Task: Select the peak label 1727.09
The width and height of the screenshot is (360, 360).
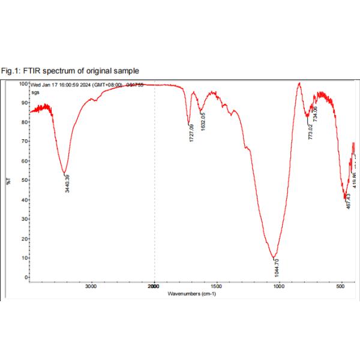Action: pyautogui.click(x=191, y=133)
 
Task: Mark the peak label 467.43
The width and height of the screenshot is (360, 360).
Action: pyautogui.click(x=348, y=199)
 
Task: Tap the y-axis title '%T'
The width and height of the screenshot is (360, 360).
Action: pyautogui.click(x=9, y=180)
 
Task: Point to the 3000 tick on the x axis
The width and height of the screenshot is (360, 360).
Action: pyautogui.click(x=91, y=287)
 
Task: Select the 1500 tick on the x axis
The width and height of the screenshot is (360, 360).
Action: pyautogui.click(x=216, y=287)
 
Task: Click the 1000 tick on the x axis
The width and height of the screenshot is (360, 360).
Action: pyautogui.click(x=278, y=287)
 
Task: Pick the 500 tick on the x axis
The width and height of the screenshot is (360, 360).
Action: pyautogui.click(x=341, y=287)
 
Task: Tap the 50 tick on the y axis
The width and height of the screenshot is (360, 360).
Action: pyautogui.click(x=25, y=181)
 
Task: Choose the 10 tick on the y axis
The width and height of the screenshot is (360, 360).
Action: pyautogui.click(x=25, y=258)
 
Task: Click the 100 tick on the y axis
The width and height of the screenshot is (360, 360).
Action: pyautogui.click(x=23, y=84)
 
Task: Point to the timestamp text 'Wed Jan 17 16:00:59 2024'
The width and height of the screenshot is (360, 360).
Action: pyautogui.click(x=68, y=85)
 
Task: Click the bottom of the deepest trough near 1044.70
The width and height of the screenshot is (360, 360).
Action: pyautogui.click(x=274, y=257)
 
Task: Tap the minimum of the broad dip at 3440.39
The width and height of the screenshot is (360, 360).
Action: pyautogui.click(x=65, y=174)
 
